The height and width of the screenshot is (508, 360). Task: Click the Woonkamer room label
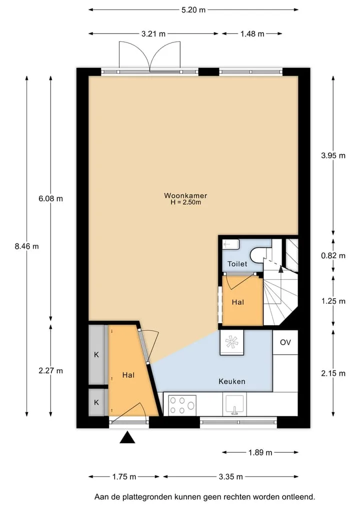point(185,195)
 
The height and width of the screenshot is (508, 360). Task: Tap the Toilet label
point(237,264)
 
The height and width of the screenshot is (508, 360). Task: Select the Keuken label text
point(232,381)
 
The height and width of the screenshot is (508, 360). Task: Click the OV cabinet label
point(285,342)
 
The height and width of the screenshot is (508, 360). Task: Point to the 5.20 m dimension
point(193,9)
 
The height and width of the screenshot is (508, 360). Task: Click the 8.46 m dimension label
point(26,246)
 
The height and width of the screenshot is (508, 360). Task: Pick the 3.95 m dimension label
point(333,155)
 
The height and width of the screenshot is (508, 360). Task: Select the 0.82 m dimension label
point(333,256)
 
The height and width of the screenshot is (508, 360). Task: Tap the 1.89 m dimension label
point(260,453)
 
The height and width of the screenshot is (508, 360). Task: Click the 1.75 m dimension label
point(124,477)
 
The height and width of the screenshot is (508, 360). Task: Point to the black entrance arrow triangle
point(127,438)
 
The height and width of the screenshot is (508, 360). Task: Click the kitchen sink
point(234,404)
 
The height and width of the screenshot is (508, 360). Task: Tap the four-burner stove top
point(182,405)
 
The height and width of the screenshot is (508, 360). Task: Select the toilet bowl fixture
point(258,254)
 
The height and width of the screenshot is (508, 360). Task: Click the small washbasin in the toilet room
point(230,244)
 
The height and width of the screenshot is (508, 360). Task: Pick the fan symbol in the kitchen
point(232,342)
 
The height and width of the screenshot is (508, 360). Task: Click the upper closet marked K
point(96,355)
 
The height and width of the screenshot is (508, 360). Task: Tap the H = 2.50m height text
point(185,202)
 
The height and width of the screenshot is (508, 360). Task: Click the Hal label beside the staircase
point(237,302)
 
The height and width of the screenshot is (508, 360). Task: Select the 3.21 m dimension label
point(153,33)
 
